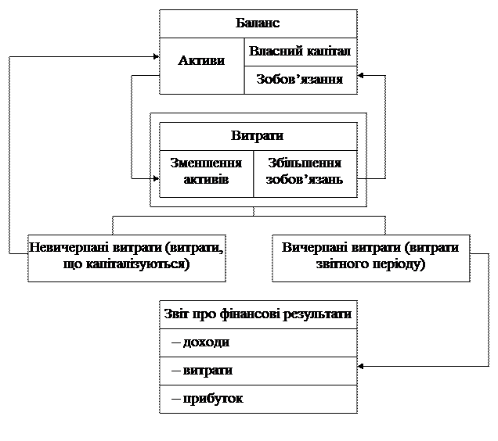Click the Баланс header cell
pos(258,23)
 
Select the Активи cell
pos(201,61)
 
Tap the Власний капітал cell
pos(300,52)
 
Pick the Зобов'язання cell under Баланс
pos(300,80)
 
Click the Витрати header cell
pos(258,135)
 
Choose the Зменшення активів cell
pos(206,171)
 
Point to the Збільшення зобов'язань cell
pos(305,171)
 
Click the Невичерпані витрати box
pos(126,257)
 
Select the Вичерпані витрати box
pos(370,257)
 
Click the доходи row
pos(258,342)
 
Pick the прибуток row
pos(258,399)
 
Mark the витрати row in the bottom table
pos(258,371)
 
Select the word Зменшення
pos(206,163)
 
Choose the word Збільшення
pos(305,163)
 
